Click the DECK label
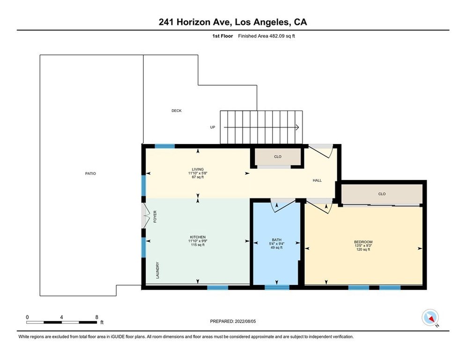click(x=176, y=111)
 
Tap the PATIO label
click(x=90, y=173)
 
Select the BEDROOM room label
click(x=363, y=242)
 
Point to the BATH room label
click(x=276, y=240)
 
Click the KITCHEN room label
click(x=198, y=237)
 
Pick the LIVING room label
click(x=198, y=169)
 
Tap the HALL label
click(x=317, y=180)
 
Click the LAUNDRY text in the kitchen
click(x=157, y=270)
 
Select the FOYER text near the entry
click(x=155, y=217)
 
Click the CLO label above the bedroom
click(x=382, y=194)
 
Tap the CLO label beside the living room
click(x=278, y=157)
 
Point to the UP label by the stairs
click(x=213, y=127)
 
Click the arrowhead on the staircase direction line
click(x=297, y=127)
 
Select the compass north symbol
click(x=430, y=318)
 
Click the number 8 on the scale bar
click(x=96, y=317)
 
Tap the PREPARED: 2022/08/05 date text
click(x=233, y=321)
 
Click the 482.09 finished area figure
click(x=277, y=36)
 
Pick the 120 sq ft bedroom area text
click(x=363, y=250)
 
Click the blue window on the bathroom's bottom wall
click(x=277, y=287)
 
